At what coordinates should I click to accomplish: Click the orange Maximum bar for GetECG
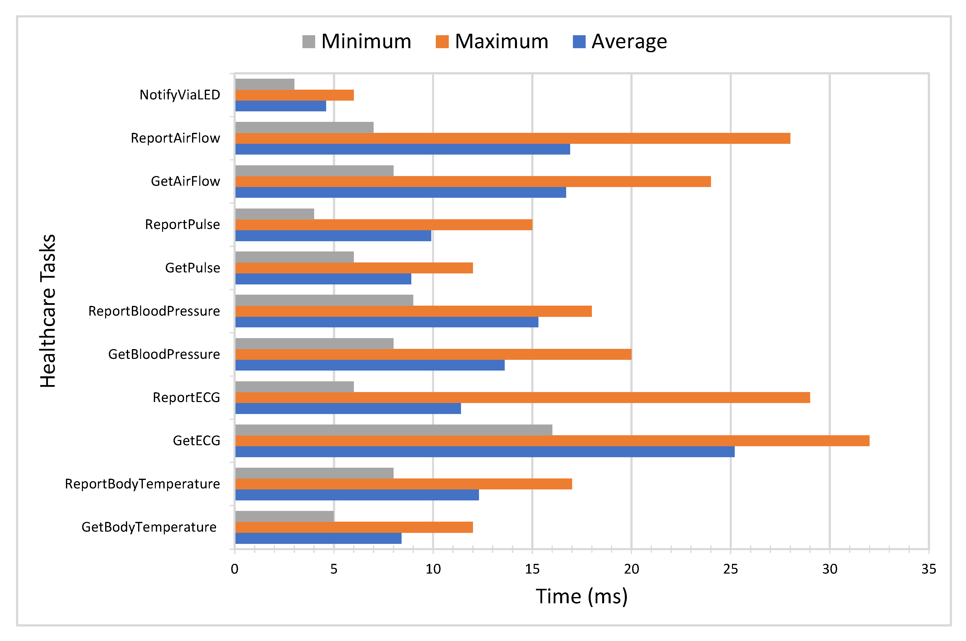pos(552,441)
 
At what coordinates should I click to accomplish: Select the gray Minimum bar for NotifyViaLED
pos(264,84)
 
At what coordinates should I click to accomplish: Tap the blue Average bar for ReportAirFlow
pos(402,149)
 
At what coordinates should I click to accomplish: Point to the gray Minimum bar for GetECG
pos(393,430)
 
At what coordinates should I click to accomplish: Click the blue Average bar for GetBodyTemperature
pos(318,538)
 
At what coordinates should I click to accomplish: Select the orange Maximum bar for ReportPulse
pos(383,225)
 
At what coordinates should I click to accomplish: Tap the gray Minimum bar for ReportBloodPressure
pos(324,300)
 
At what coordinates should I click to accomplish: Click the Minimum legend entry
pos(356,41)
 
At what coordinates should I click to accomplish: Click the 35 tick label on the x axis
pos(928,569)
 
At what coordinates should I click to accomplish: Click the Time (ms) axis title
pos(581,597)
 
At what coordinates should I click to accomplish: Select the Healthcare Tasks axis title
pos(48,311)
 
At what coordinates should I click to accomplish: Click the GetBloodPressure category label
pos(164,354)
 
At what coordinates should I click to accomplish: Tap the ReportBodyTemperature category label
pos(142,484)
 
